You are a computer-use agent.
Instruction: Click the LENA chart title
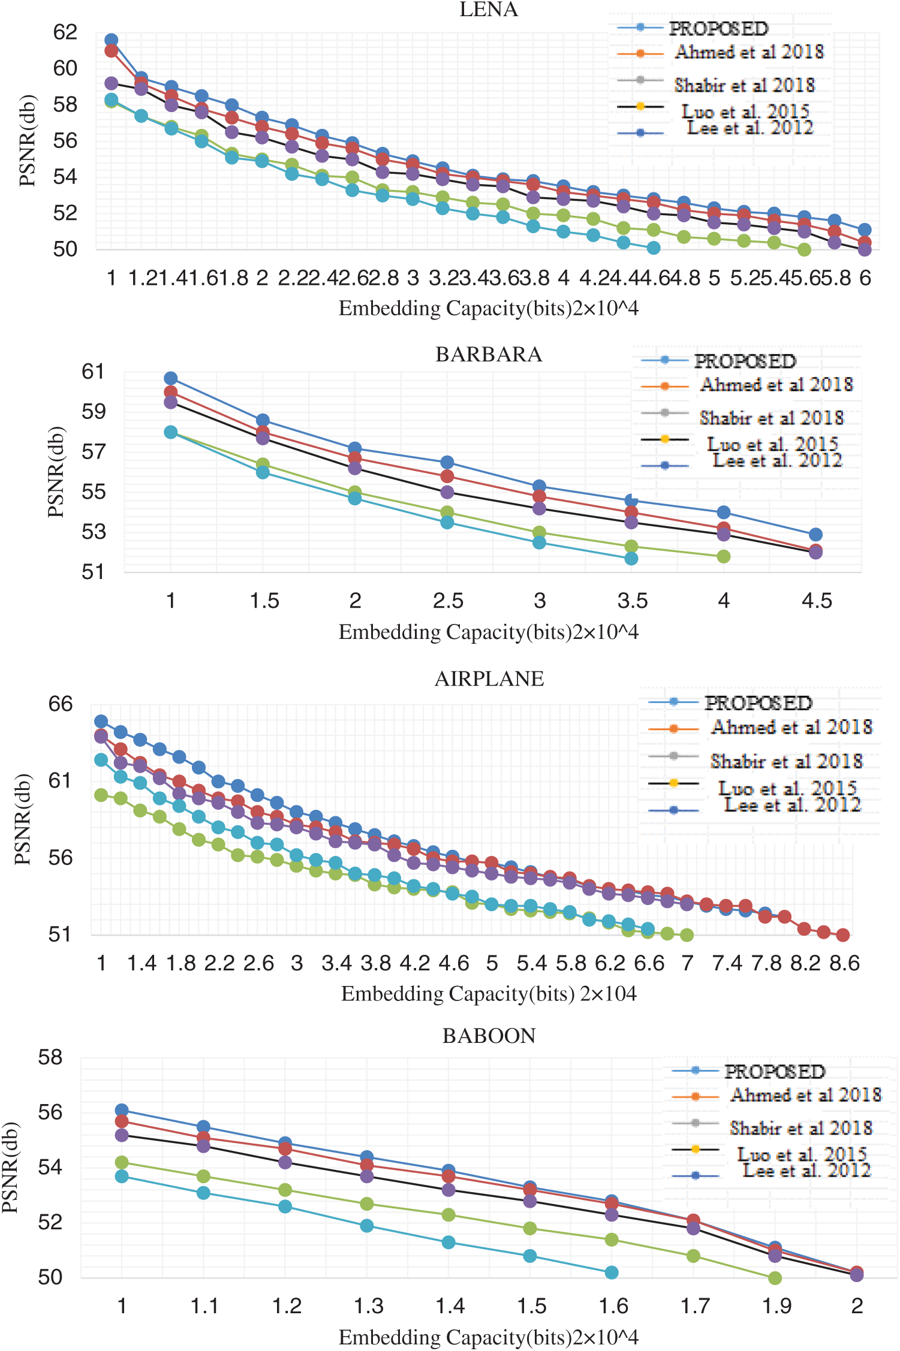click(489, 10)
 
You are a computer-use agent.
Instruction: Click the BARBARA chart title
click(489, 355)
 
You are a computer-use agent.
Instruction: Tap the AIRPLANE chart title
click(489, 679)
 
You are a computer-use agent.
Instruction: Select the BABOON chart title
click(489, 1036)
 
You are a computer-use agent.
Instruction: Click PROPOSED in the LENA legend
click(718, 28)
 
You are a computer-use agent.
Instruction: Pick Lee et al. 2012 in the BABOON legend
click(806, 1169)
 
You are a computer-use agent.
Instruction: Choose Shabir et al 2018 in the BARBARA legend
click(771, 417)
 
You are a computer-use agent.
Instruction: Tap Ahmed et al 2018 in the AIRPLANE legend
click(791, 727)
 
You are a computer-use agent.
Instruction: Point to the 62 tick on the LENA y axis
click(65, 32)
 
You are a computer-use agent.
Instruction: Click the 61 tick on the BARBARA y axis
click(94, 372)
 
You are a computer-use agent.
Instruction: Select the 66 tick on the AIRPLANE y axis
click(61, 704)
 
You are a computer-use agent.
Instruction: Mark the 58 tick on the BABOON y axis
click(50, 1057)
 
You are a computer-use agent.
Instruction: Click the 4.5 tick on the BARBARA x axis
click(817, 601)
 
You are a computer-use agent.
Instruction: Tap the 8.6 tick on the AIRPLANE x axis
click(844, 963)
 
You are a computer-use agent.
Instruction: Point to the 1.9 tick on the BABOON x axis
click(776, 1305)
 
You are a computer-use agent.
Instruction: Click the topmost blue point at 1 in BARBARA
click(171, 378)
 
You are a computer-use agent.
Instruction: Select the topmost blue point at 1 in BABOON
click(122, 1110)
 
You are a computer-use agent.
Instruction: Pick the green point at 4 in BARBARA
click(724, 556)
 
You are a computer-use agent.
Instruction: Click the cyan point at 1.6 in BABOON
click(612, 1272)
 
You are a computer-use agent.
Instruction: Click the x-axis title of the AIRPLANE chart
click(489, 994)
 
